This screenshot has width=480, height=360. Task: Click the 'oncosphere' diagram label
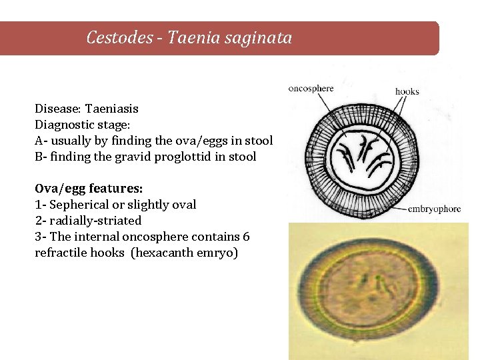[x=311, y=89]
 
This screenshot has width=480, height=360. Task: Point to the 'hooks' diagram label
[x=407, y=91]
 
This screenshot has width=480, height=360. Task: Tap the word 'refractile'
[x=59, y=253]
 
